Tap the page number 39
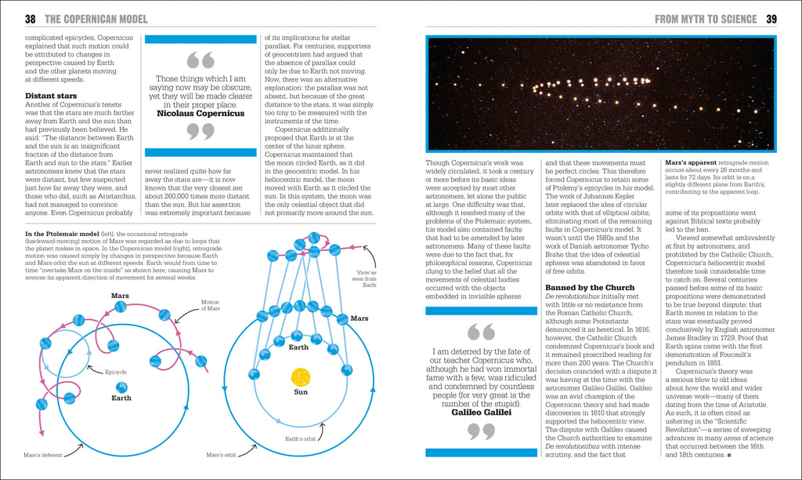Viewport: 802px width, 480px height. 771,19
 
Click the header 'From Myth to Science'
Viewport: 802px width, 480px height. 706,19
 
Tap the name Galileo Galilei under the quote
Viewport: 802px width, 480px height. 481,411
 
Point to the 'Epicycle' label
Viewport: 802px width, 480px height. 115,372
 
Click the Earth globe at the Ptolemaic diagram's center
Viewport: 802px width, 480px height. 121,387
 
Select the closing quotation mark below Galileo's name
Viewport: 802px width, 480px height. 481,431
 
